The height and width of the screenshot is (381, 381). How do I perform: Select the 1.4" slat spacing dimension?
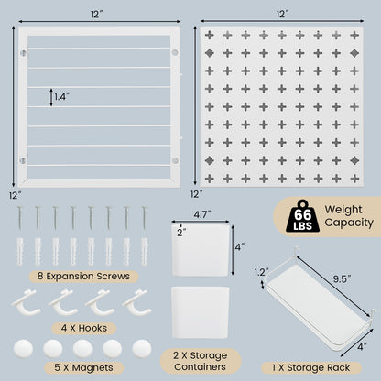[x=61, y=94]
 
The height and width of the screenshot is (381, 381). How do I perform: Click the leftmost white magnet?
[x=24, y=349]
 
